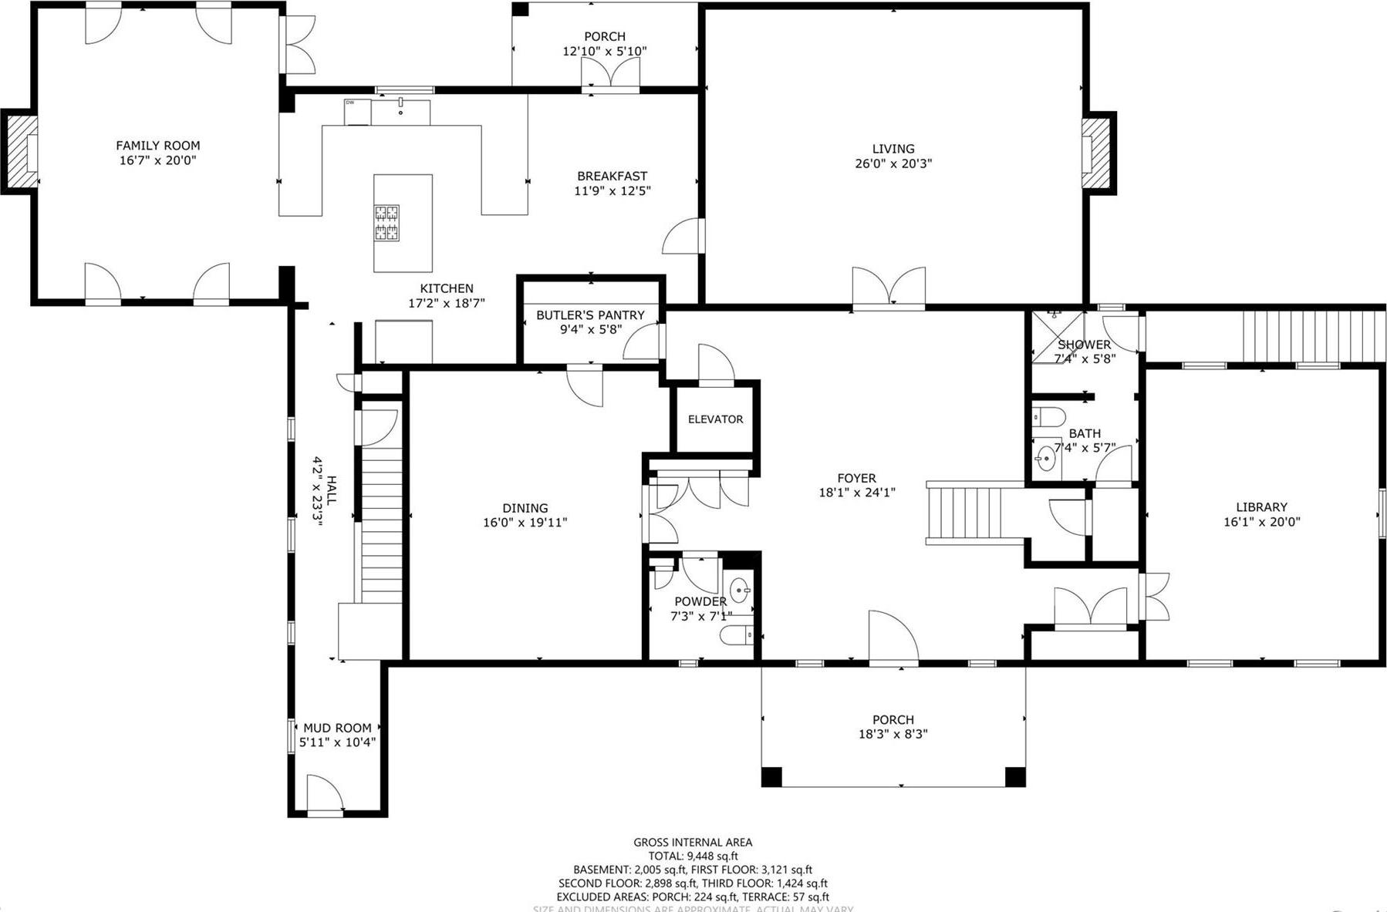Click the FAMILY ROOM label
point(157,146)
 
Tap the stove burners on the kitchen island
point(386,223)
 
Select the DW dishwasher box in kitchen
point(357,112)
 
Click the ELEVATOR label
point(715,419)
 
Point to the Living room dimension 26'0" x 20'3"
point(893,163)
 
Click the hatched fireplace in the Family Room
point(21,151)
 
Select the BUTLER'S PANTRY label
point(590,315)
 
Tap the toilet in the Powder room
point(736,636)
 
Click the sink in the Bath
point(1046,459)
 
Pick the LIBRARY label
point(1261,507)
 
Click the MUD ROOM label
point(337,728)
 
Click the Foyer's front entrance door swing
point(892,638)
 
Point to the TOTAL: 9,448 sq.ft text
point(693,856)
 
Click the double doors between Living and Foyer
point(889,288)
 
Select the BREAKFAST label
point(612,177)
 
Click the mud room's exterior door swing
point(325,794)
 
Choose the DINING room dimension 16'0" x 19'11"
point(525,523)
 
